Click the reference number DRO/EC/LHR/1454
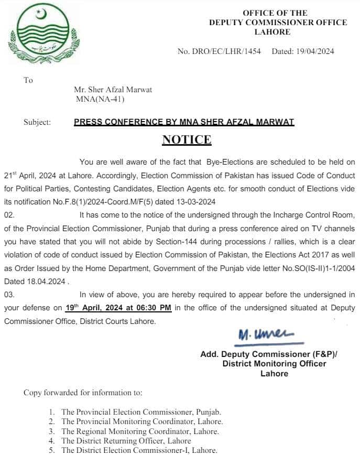pos(223,51)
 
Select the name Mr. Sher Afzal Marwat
pos(113,90)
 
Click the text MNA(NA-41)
pos(100,99)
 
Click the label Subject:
pos(37,122)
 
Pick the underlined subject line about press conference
pos(184,122)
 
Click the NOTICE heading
pos(187,139)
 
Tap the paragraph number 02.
pos(9,215)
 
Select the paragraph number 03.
pos(9,295)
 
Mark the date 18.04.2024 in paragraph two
pos(47,280)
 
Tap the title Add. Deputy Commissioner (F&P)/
pos(269,354)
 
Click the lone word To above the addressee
pos(28,80)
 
